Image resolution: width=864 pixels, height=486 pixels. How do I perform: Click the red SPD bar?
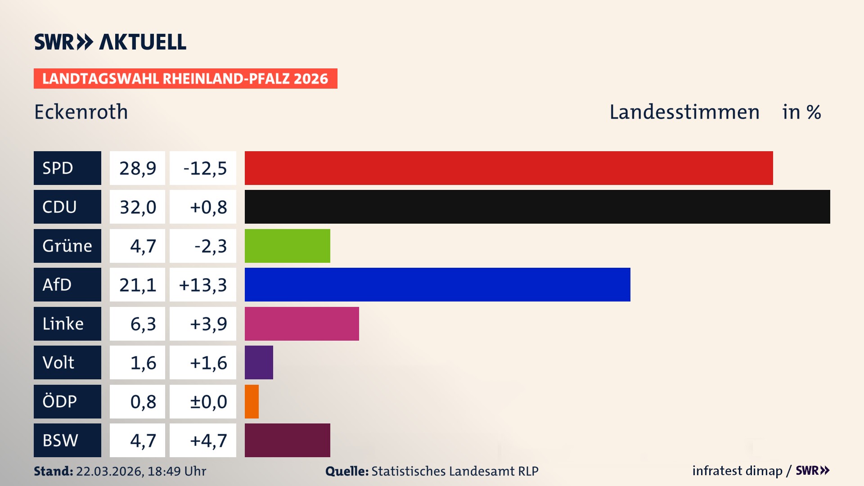click(x=508, y=168)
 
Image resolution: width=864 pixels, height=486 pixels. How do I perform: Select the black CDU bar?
click(x=537, y=207)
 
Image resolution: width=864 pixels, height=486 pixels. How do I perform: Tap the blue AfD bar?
click(x=437, y=284)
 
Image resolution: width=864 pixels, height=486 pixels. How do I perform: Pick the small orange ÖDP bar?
click(x=252, y=401)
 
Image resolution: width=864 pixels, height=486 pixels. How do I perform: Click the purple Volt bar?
click(x=259, y=362)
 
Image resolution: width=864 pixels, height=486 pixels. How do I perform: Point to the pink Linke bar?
click(x=301, y=324)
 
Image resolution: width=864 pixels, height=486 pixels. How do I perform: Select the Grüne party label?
click(x=67, y=246)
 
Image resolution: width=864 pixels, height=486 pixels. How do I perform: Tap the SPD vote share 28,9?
click(x=138, y=168)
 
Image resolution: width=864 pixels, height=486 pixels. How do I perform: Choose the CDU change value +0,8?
click(x=208, y=207)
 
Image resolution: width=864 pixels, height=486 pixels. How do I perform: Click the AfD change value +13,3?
click(x=203, y=285)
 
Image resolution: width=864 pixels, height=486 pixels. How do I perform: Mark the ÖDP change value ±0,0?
click(x=208, y=401)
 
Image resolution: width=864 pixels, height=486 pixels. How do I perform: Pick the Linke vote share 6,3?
click(x=143, y=324)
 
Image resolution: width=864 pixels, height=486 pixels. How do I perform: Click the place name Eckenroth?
click(x=81, y=112)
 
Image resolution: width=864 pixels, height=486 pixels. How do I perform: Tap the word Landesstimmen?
click(x=684, y=112)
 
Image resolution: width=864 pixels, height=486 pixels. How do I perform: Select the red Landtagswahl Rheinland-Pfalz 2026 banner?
click(x=185, y=78)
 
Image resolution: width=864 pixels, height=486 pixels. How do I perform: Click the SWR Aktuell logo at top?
click(x=110, y=42)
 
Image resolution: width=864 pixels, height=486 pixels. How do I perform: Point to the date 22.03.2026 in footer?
click(x=109, y=471)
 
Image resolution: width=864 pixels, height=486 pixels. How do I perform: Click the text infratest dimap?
click(x=737, y=471)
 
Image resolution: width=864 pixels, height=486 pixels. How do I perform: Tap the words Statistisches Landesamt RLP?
click(x=454, y=471)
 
